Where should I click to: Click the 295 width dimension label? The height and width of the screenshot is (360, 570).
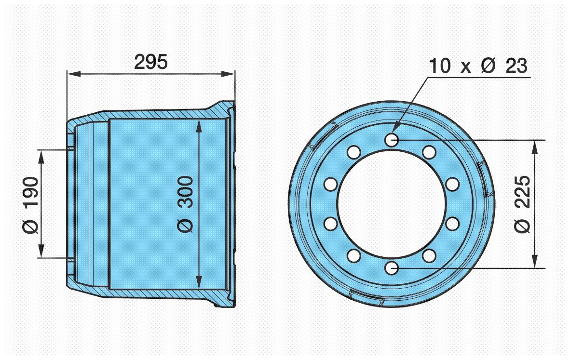click(151, 62)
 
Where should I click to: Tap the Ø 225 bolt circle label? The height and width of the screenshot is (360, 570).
click(523, 204)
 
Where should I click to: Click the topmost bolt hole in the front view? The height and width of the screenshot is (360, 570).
click(391, 140)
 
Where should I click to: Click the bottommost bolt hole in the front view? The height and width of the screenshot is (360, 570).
click(391, 268)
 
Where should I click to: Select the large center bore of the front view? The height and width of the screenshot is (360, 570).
click(391, 204)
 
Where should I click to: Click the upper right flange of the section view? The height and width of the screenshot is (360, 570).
click(226, 110)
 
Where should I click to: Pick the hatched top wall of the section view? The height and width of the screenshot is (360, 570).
click(145, 114)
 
